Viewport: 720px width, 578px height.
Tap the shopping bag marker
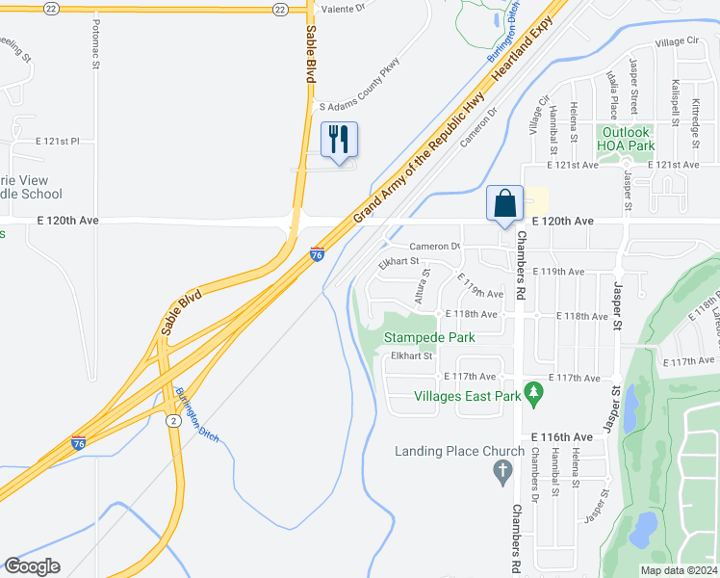pyautogui.click(x=504, y=202)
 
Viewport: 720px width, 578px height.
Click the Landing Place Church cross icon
pyautogui.click(x=501, y=471)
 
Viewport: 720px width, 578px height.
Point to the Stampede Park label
pyautogui.click(x=429, y=337)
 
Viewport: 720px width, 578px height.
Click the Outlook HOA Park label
pyautogui.click(x=627, y=139)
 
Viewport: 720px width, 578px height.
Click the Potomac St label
pyautogui.click(x=97, y=57)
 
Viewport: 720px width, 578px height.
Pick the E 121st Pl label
pyautogui.click(x=58, y=142)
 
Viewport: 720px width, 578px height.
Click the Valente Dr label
pyautogui.click(x=344, y=8)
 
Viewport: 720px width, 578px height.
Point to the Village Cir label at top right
pyautogui.click(x=677, y=42)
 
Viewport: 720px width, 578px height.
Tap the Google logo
pyautogui.click(x=33, y=566)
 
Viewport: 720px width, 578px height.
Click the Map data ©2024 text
pyautogui.click(x=679, y=570)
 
